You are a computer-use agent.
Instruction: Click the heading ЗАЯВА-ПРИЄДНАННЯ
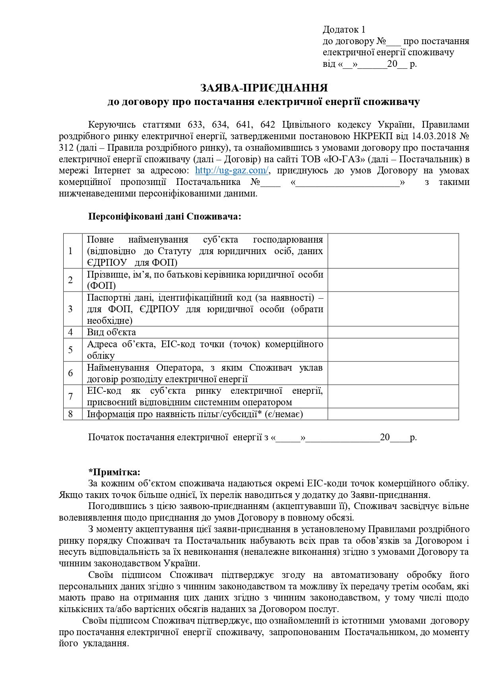point(264,87)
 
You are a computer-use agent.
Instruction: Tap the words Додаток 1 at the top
point(344,29)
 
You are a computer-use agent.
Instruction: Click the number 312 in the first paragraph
point(66,148)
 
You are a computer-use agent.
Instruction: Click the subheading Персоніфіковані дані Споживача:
point(165,217)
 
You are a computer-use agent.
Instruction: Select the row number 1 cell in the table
point(71,251)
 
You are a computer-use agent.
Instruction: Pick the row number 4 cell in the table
point(71,332)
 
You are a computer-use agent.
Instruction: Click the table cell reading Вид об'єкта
point(111,332)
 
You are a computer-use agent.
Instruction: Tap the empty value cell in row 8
point(393,414)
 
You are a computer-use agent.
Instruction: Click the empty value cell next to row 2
point(393,280)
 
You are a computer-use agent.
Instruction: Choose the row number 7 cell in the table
point(71,397)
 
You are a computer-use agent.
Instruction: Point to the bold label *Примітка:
point(114,472)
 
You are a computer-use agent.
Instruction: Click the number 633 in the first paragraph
point(195,124)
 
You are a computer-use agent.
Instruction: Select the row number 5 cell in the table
point(71,350)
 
